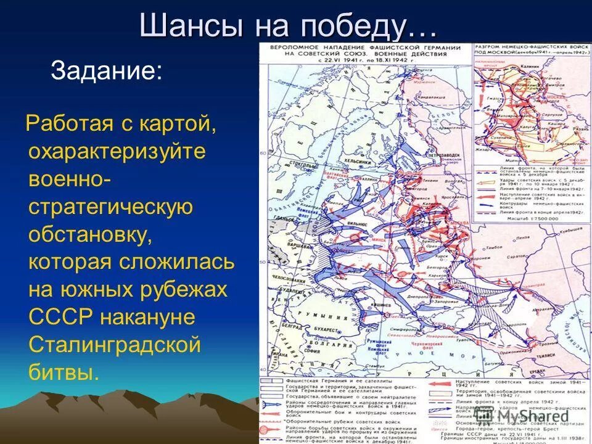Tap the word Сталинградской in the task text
(x=115, y=344)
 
